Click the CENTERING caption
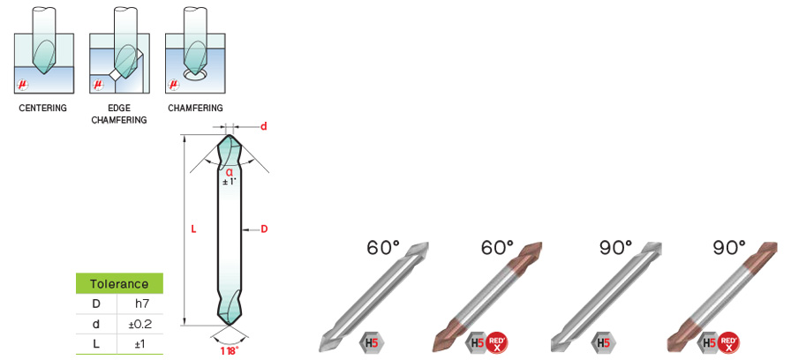[x=43, y=108]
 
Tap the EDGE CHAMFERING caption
[x=119, y=114]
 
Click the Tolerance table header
[x=119, y=283]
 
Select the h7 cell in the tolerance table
[x=139, y=304]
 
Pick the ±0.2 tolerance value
[x=140, y=324]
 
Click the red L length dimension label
[x=193, y=229]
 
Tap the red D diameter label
[x=264, y=229]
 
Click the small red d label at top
[x=263, y=126]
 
